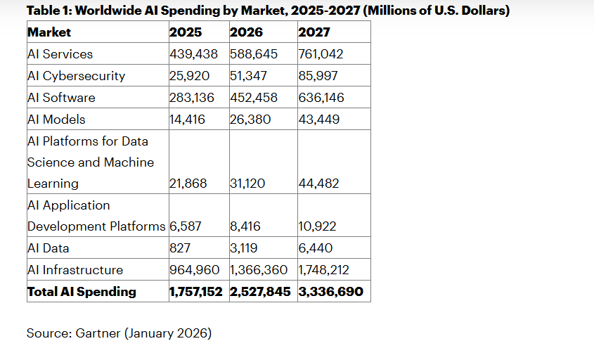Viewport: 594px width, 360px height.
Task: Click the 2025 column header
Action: click(x=186, y=32)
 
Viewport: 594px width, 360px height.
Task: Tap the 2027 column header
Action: click(x=314, y=32)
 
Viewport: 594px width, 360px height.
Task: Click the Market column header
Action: click(x=49, y=32)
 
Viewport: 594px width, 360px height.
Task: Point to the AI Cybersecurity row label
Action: click(x=76, y=76)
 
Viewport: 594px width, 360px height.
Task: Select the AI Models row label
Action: click(x=56, y=120)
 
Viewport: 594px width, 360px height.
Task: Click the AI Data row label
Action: click(x=49, y=248)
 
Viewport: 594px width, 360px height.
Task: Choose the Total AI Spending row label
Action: click(x=82, y=291)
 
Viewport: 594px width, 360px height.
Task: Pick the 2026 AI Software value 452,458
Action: click(x=254, y=98)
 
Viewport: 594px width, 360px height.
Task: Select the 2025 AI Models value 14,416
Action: click(x=188, y=120)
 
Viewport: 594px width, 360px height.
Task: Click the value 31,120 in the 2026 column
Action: click(x=247, y=184)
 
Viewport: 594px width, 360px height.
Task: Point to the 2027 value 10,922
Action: click(x=317, y=226)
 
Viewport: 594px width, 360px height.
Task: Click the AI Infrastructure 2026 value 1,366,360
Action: click(x=259, y=270)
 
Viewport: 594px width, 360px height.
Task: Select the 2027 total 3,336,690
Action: click(x=331, y=291)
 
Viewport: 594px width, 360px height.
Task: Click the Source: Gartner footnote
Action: click(x=119, y=333)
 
